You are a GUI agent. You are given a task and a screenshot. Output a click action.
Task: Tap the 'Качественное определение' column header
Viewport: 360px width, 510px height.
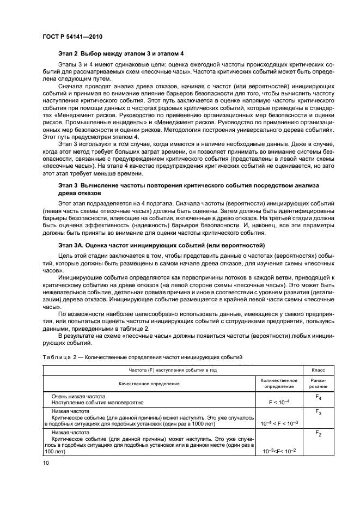150,384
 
